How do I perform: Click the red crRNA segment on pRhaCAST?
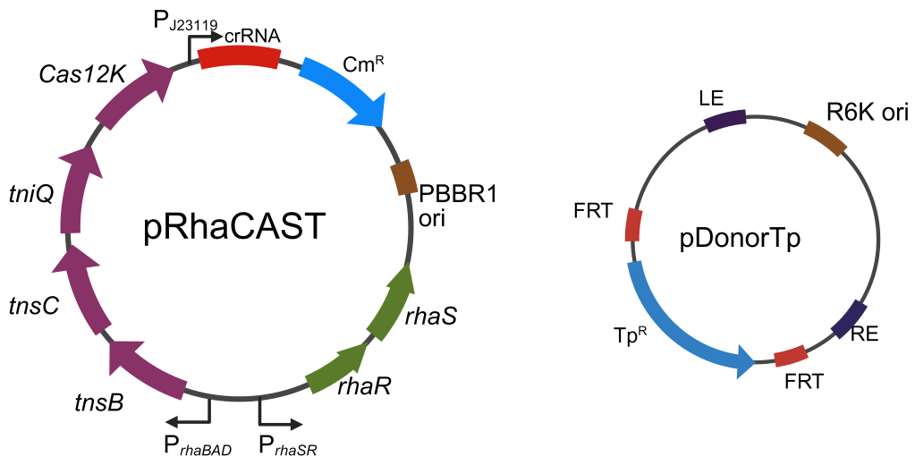click(239, 56)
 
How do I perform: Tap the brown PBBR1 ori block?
click(404, 177)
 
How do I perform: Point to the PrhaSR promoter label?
click(286, 445)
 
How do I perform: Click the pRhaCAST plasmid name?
click(233, 229)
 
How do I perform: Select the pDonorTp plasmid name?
click(751, 239)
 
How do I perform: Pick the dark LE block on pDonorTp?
click(725, 121)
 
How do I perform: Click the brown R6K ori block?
click(824, 138)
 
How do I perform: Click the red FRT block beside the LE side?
click(633, 224)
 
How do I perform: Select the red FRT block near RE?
click(791, 356)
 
